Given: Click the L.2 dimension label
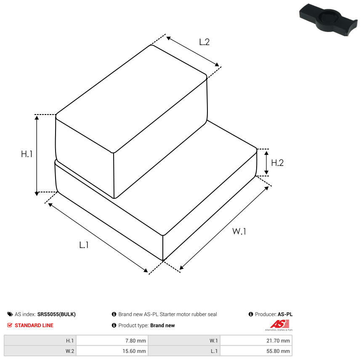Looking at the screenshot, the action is point(204,42).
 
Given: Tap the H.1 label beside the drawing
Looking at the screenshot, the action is point(27,154).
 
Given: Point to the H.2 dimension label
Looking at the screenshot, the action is point(277,163).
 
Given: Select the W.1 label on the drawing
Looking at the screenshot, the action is point(239,231).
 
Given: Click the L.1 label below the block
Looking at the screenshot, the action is point(84,245).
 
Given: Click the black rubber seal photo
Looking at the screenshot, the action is point(329,20).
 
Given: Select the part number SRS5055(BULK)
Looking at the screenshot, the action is point(56,314).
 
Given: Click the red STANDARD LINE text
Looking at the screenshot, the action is point(34,325).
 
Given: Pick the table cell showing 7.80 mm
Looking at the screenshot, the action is point(112,341).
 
